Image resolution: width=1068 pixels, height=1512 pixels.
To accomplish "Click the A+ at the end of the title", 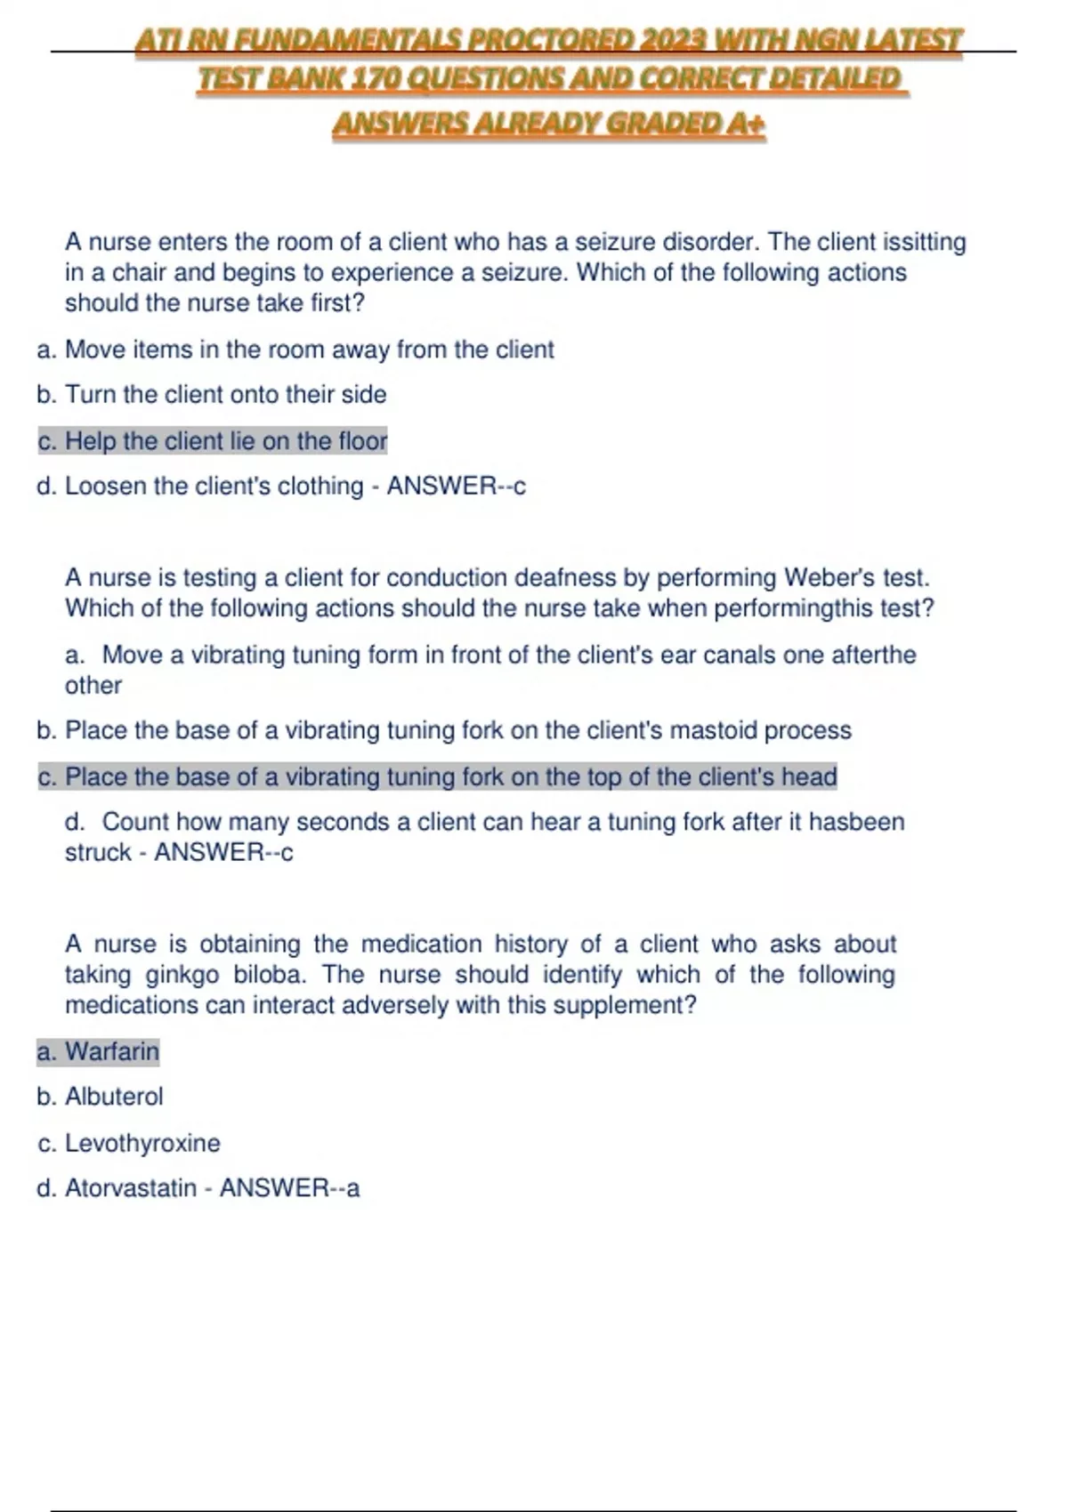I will [x=745, y=124].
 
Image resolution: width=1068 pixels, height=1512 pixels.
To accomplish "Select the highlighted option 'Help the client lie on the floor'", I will [x=213, y=441].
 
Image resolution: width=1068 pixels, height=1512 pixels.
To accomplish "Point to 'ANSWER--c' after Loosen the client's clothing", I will [x=456, y=487].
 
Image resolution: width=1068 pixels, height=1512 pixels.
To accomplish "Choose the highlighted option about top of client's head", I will [x=437, y=777].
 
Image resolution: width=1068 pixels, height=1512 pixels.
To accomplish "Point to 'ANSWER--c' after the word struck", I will [x=223, y=853].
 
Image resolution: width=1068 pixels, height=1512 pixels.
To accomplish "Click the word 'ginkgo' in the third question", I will [x=182, y=975].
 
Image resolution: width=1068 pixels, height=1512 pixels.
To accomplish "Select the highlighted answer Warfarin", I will [x=111, y=1052].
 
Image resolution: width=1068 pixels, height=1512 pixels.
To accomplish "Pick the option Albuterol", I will [x=114, y=1097].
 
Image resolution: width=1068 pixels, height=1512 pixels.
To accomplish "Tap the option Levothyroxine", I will [x=142, y=1143].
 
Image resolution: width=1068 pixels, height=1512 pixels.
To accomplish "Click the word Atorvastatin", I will [x=130, y=1188].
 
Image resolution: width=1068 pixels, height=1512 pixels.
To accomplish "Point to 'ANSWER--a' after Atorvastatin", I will [x=290, y=1188].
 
